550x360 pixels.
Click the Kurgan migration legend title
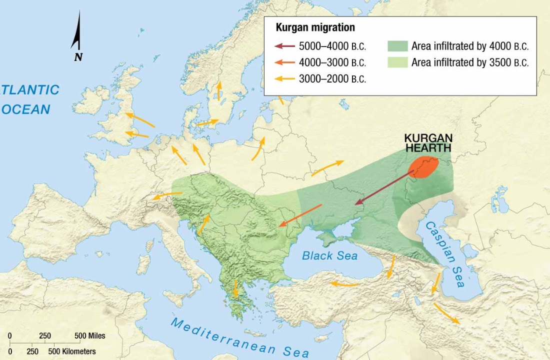[315, 28]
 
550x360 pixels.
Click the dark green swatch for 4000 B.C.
[397, 46]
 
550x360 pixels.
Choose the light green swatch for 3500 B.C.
[397, 62]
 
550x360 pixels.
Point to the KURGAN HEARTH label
[428, 143]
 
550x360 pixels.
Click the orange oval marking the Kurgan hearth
[424, 167]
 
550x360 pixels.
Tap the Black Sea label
[329, 255]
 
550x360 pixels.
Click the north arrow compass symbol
[77, 37]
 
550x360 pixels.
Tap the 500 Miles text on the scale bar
[89, 335]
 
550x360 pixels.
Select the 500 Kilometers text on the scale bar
[73, 351]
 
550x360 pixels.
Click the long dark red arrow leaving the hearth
[385, 187]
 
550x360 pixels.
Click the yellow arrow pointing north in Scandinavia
[218, 91]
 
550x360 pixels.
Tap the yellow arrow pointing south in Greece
[234, 287]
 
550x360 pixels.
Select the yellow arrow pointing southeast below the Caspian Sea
[446, 313]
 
